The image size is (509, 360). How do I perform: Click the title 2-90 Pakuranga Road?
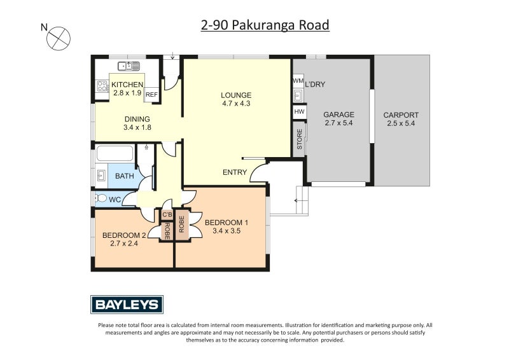coord(265,25)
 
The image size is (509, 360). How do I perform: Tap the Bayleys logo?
coord(127,305)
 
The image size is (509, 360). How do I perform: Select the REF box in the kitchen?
coord(151,95)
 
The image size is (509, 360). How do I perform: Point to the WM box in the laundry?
coord(298,81)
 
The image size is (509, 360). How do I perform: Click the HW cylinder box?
coord(298,112)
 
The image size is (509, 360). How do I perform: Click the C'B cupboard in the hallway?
coord(167,215)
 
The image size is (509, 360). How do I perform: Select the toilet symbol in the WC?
coord(101,199)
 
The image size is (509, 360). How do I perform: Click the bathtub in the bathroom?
coord(115,154)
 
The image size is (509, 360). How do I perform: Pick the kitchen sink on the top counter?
coord(129,66)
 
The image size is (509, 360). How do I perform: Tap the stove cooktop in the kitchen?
coord(102,86)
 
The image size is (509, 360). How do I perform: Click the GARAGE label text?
coord(338,115)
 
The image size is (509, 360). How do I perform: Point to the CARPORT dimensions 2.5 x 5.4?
coord(401,123)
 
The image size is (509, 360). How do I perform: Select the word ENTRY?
coord(234,172)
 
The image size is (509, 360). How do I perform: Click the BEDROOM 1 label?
coord(226,222)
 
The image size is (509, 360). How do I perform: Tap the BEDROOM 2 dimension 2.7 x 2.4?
coord(124,243)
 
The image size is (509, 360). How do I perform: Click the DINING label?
coord(137,119)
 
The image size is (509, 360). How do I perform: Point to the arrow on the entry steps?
coord(296,202)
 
